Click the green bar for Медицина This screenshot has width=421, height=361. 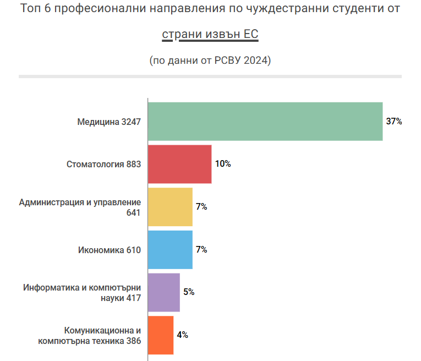coord(265,122)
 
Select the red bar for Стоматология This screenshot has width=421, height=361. coord(180,164)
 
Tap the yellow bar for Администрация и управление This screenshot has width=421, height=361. coord(170,207)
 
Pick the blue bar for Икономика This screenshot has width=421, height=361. coord(170,250)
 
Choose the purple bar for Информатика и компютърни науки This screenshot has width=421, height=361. coord(164,292)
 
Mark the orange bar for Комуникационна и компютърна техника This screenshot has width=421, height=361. coord(161,335)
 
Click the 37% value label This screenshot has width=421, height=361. coord(394,122)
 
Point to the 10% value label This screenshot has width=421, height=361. coord(223,164)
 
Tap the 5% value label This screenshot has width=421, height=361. coord(189,292)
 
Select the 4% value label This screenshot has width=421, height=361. coord(183,335)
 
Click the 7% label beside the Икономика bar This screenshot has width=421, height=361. coord(201,250)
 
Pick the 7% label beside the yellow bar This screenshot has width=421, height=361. coord(201,207)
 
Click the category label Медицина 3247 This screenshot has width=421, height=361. coord(109,122)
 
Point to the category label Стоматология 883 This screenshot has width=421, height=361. coord(104,164)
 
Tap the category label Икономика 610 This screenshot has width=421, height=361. coord(110,250)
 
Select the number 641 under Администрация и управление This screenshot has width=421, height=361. coord(134,212)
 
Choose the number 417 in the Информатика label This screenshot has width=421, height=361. coord(134,298)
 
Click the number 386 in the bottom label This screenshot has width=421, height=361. coord(134,341)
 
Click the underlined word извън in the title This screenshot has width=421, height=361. coord(211,35)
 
